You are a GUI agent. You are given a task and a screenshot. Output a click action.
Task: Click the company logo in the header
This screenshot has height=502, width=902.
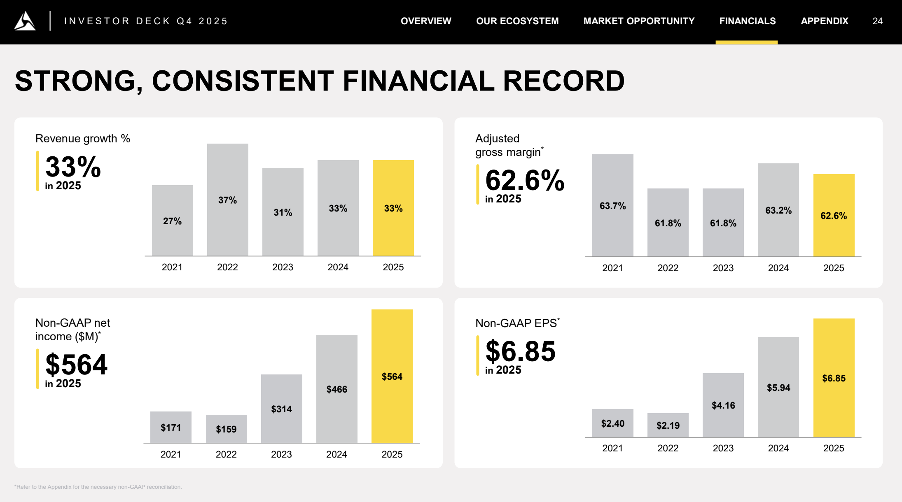coord(25,21)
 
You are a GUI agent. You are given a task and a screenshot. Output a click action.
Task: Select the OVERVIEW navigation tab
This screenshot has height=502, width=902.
coord(426,21)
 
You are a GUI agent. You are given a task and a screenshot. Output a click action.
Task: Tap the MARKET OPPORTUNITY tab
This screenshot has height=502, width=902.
coord(639,21)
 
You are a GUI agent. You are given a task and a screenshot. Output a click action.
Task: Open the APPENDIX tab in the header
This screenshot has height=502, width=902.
coord(824,21)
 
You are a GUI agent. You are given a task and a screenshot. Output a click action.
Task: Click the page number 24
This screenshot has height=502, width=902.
coord(877,21)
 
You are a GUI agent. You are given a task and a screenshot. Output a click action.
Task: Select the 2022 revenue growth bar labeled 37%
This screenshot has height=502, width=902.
coord(227,200)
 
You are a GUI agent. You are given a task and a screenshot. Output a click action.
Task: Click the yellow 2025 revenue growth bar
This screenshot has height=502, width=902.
coord(393,208)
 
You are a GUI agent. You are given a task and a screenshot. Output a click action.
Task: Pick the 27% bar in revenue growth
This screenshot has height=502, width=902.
coord(172,221)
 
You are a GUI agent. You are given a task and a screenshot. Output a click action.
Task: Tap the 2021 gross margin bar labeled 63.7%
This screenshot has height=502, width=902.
coord(612,205)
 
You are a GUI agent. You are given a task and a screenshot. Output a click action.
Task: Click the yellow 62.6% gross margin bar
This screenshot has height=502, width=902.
coord(834,215)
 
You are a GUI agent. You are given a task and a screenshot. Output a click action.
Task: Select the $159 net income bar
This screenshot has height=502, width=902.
coord(226,429)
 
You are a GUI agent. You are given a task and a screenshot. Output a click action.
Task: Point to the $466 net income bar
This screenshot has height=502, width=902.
coord(336,389)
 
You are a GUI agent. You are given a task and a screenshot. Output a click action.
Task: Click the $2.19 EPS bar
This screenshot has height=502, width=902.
coord(668,425)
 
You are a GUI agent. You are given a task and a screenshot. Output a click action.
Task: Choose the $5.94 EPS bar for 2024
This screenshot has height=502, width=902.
coord(778,387)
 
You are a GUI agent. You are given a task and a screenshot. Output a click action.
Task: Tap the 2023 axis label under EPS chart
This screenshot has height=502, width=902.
coord(723,448)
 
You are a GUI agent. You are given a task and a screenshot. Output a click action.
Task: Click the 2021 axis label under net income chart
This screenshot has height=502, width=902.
coord(171,454)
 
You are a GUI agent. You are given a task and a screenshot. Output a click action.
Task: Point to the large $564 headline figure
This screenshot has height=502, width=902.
coord(76,365)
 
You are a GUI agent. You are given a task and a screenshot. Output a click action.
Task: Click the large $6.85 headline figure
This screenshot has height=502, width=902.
coord(520,351)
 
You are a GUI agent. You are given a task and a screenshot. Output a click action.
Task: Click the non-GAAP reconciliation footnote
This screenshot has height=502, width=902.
coord(98,487)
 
